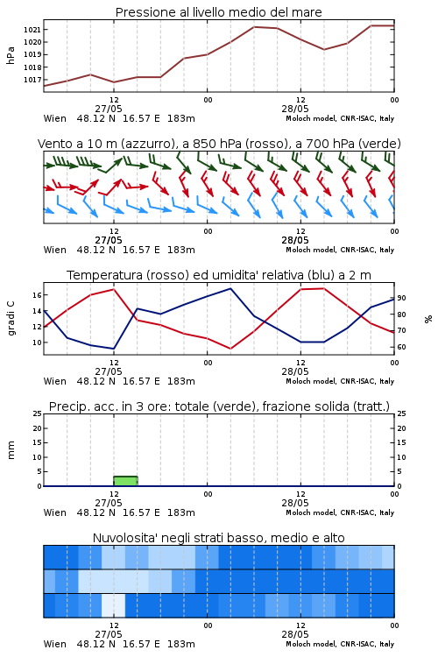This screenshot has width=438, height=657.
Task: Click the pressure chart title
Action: tap(218, 12)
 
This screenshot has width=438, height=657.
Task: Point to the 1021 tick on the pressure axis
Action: tap(32, 30)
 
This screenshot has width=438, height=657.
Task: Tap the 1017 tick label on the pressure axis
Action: tap(32, 80)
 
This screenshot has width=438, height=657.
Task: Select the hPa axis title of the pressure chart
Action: tap(11, 55)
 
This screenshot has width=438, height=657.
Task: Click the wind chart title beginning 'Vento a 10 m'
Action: tap(219, 144)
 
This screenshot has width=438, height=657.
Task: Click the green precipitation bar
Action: tap(125, 481)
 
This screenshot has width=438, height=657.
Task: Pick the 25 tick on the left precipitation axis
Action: tap(38, 413)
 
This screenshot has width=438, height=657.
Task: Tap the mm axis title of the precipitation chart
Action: tap(11, 449)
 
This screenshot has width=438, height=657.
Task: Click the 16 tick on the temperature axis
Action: tap(38, 295)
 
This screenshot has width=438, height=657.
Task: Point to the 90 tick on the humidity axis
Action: tap(401, 298)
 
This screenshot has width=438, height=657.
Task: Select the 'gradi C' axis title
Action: tap(11, 319)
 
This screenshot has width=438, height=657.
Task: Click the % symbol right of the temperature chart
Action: tap(428, 319)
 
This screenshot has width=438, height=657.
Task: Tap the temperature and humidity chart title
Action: tap(219, 275)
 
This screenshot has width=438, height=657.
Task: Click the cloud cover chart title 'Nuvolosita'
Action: tap(219, 538)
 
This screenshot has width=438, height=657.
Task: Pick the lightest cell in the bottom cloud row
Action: tap(113, 605)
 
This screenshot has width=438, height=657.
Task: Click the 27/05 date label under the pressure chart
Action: tap(109, 109)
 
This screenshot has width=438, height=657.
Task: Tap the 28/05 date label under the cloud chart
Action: tap(295, 634)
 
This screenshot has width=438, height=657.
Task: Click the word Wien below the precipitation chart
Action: tap(55, 512)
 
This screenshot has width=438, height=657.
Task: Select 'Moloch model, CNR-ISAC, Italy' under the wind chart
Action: tap(340, 250)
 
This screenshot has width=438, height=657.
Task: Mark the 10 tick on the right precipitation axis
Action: tap(401, 457)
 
